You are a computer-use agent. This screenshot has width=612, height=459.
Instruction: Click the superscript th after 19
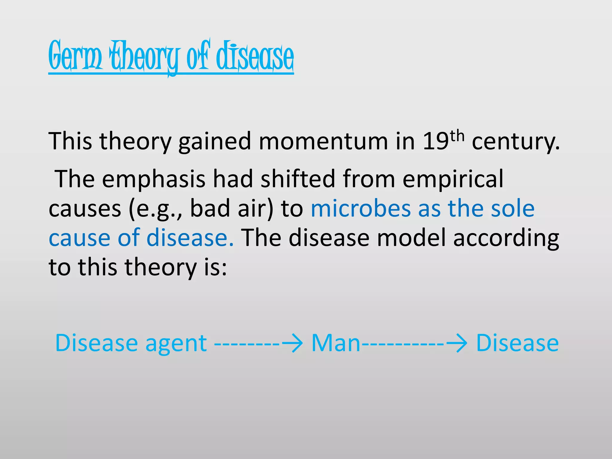tap(457, 136)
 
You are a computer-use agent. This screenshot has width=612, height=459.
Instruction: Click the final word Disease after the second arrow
tap(517, 343)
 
